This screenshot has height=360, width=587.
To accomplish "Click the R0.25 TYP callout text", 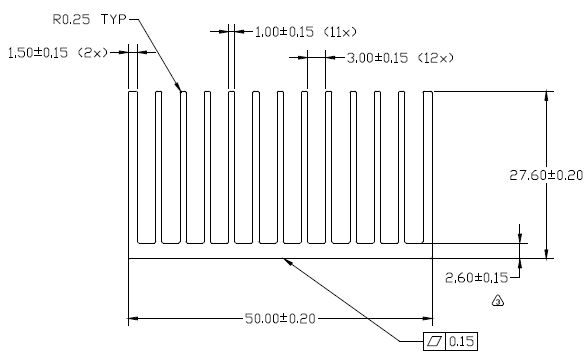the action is click(89, 19).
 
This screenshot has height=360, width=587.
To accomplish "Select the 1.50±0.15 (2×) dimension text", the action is click(58, 52).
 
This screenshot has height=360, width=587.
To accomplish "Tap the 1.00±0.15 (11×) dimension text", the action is click(306, 32).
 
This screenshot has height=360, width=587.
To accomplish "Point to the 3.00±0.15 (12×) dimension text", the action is click(400, 58).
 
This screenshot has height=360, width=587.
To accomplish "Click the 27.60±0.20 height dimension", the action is click(546, 175).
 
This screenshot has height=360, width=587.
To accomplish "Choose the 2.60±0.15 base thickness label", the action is click(477, 278).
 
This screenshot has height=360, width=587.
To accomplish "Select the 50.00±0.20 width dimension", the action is click(280, 319).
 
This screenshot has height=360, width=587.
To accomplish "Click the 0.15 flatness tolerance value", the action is click(462, 341).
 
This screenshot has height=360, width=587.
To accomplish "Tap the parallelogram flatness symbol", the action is click(435, 341).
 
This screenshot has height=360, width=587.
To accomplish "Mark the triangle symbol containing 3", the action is click(498, 301).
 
